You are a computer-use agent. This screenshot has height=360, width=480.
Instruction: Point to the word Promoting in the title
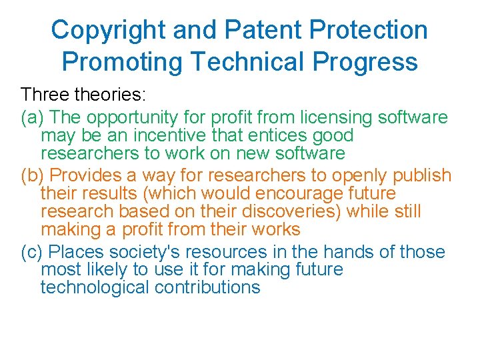coord(121,62)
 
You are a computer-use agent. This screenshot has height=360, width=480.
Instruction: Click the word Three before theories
coord(45,94)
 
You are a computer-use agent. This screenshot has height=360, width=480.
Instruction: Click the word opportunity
coord(131,118)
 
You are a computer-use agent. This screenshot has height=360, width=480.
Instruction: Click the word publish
coord(423,176)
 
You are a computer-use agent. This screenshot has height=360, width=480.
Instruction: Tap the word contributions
coord(207,288)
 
